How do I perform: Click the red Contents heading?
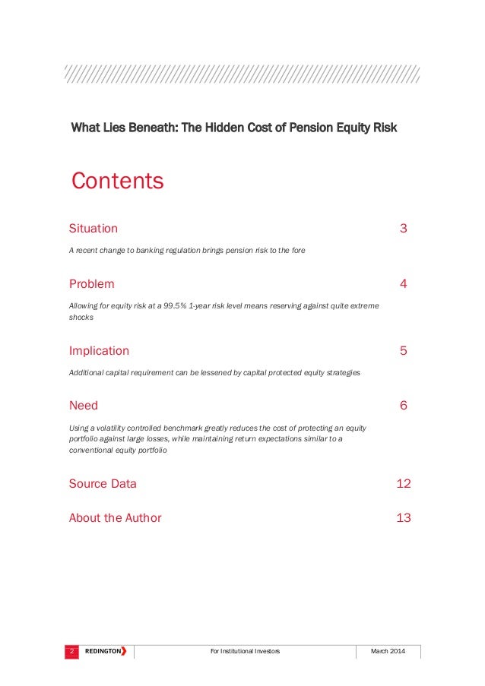[x=117, y=182]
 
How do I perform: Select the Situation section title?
[x=94, y=229]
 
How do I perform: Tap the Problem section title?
[x=92, y=284]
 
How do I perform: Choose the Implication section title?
[x=100, y=351]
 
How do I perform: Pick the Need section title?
[x=84, y=406]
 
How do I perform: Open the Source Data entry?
[x=103, y=484]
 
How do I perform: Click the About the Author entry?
[x=115, y=518]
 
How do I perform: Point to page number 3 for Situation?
[x=404, y=229]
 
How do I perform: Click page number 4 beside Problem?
[x=404, y=284]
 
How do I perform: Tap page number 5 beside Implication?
[x=404, y=351]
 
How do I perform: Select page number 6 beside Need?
[x=404, y=406]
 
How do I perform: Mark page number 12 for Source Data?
[x=404, y=484]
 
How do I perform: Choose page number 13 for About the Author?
[x=404, y=518]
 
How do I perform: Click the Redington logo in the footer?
[x=105, y=652]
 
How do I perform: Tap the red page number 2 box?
[x=71, y=652]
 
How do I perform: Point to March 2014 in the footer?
[x=388, y=652]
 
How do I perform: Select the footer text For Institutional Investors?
[x=244, y=652]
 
